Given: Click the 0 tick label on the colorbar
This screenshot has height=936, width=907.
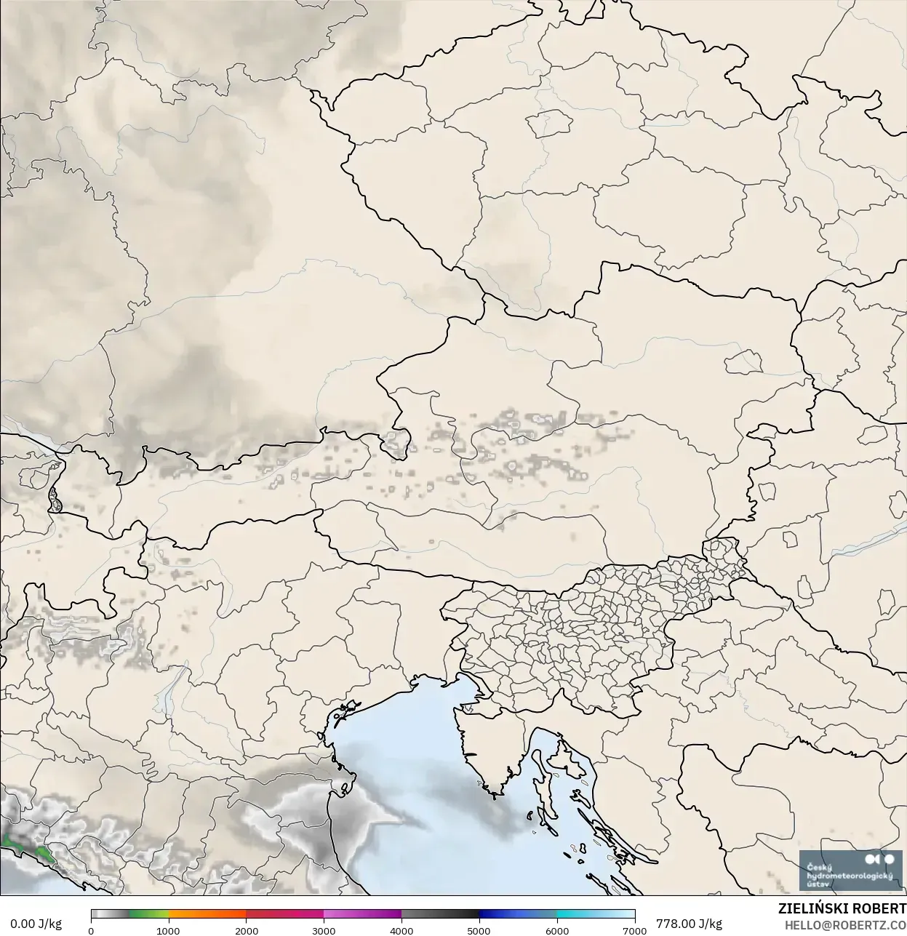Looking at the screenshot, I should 91,930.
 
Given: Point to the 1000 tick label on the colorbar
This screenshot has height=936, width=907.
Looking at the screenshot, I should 169,930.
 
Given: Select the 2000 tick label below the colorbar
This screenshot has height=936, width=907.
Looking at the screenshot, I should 247,930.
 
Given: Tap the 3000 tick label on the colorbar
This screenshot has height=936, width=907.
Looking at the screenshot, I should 324,930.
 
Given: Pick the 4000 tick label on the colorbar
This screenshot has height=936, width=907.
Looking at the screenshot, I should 401,930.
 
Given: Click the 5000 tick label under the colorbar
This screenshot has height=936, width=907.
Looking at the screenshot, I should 479,930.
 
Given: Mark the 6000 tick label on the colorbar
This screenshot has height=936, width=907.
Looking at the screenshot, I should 557,930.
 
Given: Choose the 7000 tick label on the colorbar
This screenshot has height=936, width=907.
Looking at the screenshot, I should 634,930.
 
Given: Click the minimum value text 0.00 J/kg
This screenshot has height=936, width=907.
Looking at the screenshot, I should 36,924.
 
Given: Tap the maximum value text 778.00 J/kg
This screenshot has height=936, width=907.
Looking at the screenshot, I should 689,924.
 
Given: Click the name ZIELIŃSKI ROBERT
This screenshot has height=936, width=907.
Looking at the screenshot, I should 842,909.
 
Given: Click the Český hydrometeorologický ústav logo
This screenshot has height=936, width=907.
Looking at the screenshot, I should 850,870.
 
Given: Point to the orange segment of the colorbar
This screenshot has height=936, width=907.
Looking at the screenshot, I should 207,914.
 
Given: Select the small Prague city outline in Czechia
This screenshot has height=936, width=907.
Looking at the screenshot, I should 551,124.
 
